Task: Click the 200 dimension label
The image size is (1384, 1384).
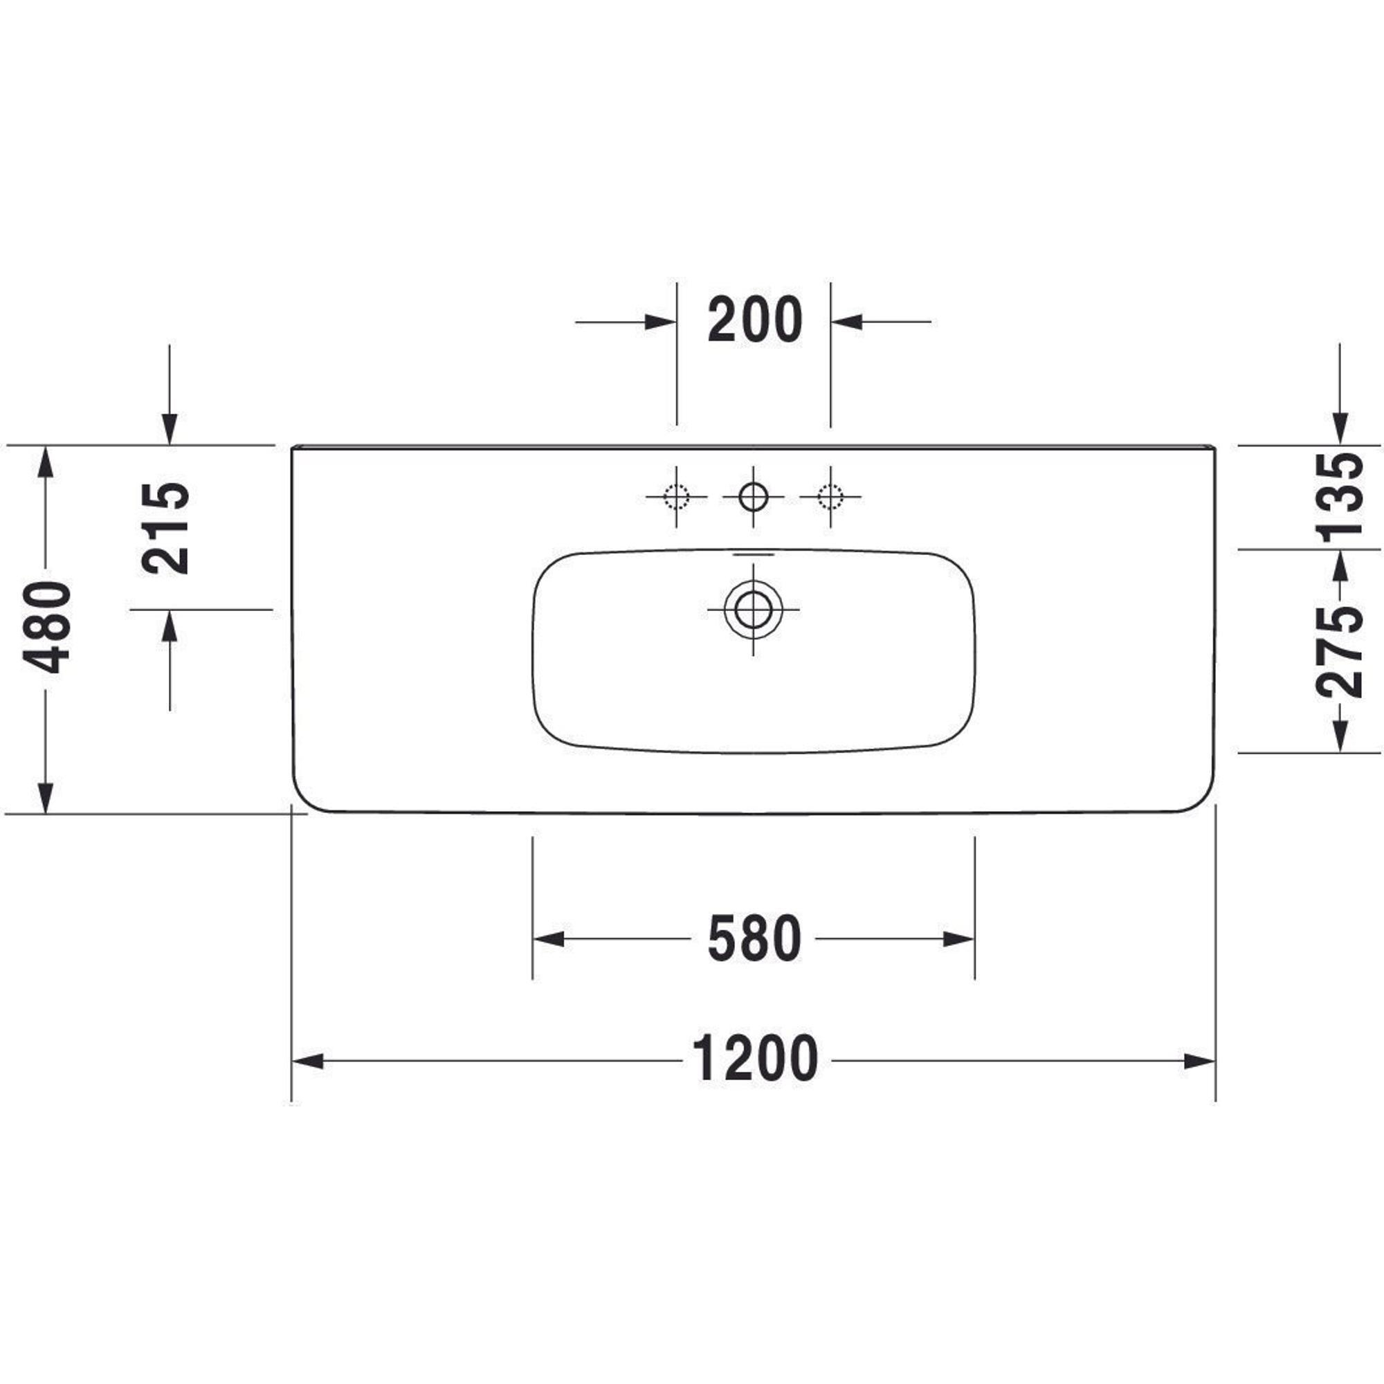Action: [x=754, y=320]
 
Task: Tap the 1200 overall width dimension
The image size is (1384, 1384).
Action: [x=754, y=1058]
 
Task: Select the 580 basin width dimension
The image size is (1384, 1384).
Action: [x=754, y=939]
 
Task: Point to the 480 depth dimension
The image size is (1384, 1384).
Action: [x=46, y=627]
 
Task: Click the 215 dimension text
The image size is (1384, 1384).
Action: [x=165, y=529]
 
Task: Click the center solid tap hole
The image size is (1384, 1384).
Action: [x=753, y=495]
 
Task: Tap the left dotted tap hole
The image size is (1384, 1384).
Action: [x=676, y=495]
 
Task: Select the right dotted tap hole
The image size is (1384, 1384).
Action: [x=831, y=495]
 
